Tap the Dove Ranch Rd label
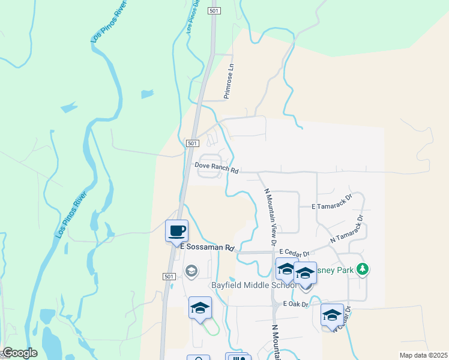coord(216,168)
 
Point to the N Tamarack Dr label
coord(348,229)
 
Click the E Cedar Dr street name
coord(294,254)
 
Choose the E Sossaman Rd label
coord(206,247)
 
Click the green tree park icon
coord(362,269)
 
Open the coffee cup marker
coord(177,231)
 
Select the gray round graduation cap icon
coord(191,272)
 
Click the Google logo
coord(19,353)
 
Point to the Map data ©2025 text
coord(423,355)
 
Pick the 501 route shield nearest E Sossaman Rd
coord(169,276)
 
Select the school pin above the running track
coord(200,308)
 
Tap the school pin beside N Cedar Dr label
coord(332,315)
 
